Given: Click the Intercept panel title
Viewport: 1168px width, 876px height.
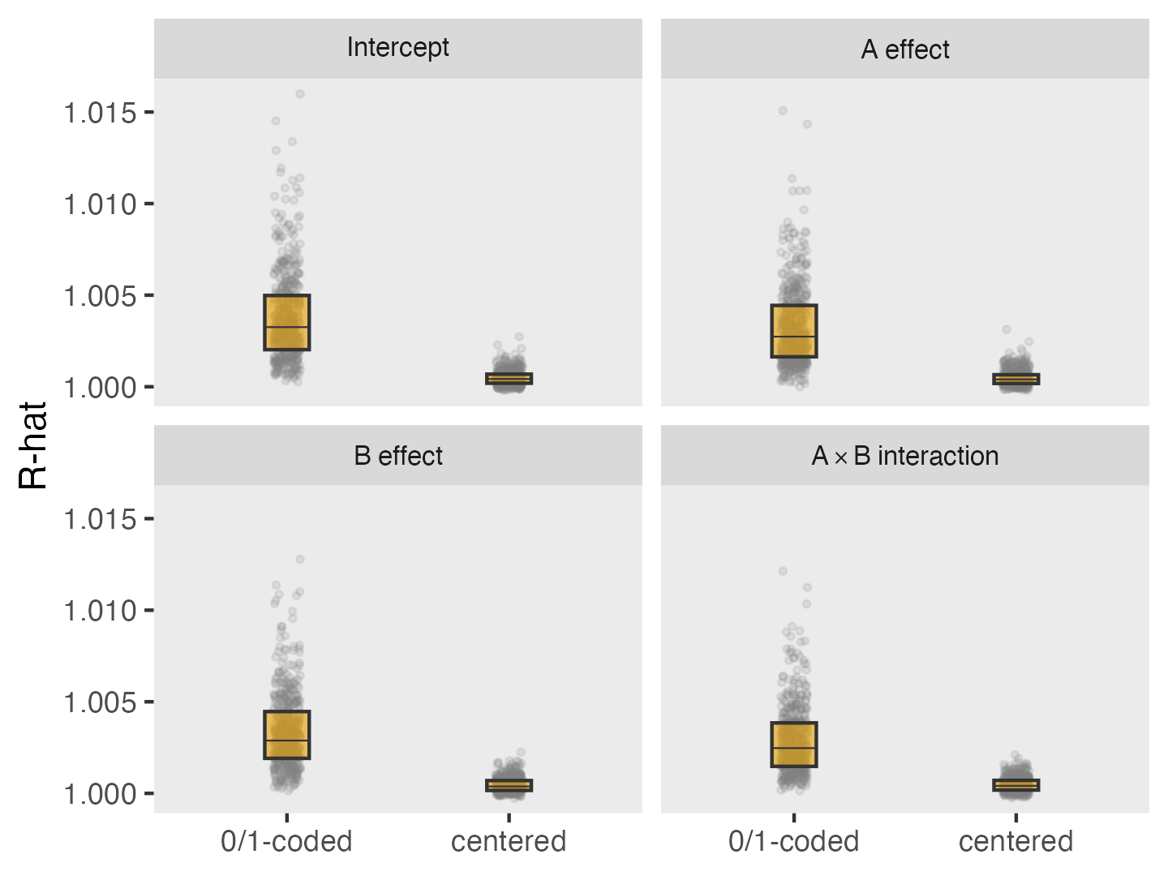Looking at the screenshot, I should click(x=397, y=48).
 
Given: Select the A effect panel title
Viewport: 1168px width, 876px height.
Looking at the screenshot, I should click(x=904, y=49).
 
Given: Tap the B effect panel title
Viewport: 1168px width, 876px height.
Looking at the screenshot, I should click(x=397, y=456).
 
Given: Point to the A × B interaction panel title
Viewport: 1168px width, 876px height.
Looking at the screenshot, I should click(x=904, y=456).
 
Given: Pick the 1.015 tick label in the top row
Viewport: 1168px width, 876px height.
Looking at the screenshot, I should click(x=101, y=113).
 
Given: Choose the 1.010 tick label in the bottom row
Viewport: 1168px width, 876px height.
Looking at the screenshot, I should click(x=101, y=611).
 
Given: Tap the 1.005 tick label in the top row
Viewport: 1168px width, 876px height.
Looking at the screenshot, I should click(x=101, y=296).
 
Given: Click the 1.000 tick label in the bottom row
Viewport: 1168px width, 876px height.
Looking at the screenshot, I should click(x=101, y=794).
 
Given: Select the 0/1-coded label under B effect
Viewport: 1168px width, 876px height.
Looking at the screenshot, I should click(x=286, y=841).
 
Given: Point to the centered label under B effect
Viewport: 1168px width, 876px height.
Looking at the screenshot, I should click(x=509, y=841).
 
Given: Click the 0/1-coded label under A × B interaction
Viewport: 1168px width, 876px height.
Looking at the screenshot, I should click(x=793, y=841).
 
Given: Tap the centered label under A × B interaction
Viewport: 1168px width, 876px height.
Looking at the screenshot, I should click(x=1016, y=841).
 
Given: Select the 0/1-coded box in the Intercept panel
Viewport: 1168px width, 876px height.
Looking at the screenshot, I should click(x=287, y=322).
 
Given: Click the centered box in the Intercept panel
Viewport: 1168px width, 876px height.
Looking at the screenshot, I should click(x=509, y=378).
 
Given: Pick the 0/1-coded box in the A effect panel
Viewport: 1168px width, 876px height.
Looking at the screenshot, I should click(x=794, y=331).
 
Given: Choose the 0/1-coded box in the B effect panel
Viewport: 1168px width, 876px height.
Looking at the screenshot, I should click(x=287, y=735).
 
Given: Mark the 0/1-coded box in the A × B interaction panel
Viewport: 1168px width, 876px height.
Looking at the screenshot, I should click(x=794, y=744).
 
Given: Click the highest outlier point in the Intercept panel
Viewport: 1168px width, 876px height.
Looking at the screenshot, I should click(x=300, y=94).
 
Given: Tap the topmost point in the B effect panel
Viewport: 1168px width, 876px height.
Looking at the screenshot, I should click(x=300, y=560).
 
